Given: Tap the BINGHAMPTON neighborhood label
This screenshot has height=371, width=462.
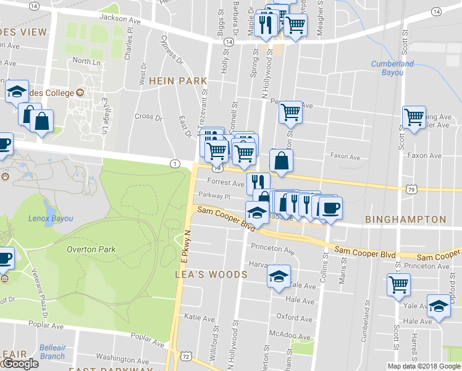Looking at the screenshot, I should pos(405,220).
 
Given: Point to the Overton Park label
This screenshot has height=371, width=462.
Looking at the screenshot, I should pos(91,250).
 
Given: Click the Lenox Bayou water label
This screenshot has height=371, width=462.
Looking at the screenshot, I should pos(51,218).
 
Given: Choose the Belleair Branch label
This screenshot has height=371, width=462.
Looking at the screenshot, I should pos(52,352).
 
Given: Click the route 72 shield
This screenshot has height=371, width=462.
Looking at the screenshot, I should pos(186,357).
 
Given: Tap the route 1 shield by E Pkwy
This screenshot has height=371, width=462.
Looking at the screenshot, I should pos(176,163).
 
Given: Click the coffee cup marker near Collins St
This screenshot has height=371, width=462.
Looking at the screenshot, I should pos(330,208).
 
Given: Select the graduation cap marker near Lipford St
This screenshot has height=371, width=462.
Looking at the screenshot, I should pos(439,305).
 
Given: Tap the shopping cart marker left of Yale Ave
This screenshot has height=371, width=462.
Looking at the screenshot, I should pos(399,285).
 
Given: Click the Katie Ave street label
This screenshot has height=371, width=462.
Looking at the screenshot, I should pos(199,317).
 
